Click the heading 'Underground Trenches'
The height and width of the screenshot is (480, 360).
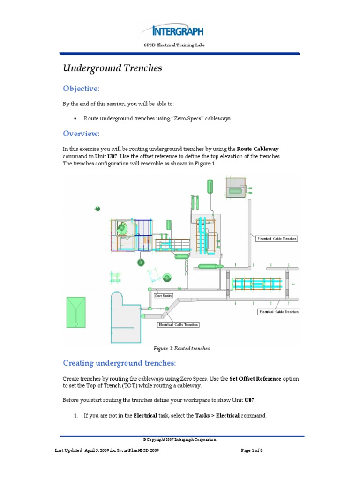[x=112, y=68]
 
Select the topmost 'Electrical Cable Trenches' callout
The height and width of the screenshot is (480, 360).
[x=277, y=239]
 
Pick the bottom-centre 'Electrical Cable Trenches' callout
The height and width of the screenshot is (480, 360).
[x=179, y=324]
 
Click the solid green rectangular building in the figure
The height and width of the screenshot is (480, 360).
[x=76, y=311]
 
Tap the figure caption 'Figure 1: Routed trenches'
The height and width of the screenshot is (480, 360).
[x=182, y=348]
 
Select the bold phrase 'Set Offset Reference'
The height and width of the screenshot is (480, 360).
[x=255, y=378]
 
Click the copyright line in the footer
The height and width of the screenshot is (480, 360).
[x=180, y=439]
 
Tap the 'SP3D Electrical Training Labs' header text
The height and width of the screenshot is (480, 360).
[x=180, y=45]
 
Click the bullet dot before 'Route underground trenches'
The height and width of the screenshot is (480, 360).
[x=75, y=119]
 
